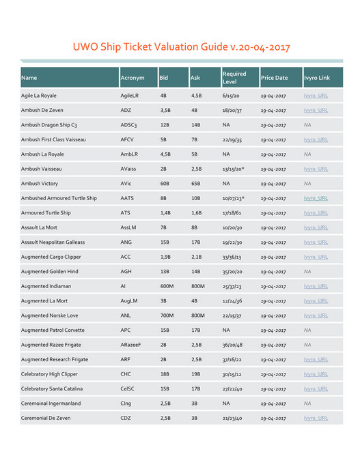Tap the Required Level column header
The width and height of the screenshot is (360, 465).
click(234, 78)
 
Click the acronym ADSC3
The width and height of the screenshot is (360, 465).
click(128, 126)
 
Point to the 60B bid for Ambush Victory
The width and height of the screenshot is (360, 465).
click(165, 184)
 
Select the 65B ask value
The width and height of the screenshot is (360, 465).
click(196, 184)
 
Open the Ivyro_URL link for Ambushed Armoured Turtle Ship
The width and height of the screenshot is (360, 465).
click(316, 199)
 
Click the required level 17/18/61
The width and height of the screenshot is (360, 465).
click(234, 213)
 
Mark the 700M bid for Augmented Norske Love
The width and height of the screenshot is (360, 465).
click(167, 316)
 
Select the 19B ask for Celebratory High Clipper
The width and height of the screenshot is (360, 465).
click(195, 374)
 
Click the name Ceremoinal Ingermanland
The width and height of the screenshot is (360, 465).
click(51, 404)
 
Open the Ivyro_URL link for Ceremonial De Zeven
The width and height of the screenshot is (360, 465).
click(316, 418)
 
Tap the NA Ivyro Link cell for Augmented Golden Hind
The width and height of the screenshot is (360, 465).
click(307, 272)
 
